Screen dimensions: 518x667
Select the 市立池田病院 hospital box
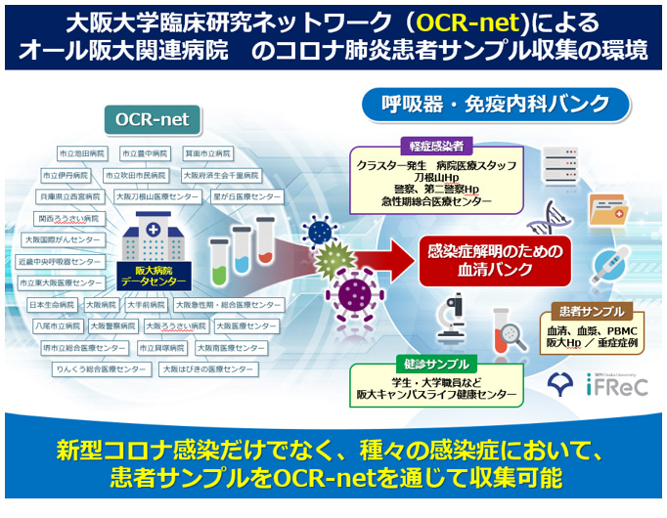[82, 153]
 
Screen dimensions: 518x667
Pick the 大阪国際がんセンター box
[62, 238]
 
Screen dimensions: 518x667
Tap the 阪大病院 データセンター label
[144, 276]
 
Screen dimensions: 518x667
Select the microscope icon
[446, 319]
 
